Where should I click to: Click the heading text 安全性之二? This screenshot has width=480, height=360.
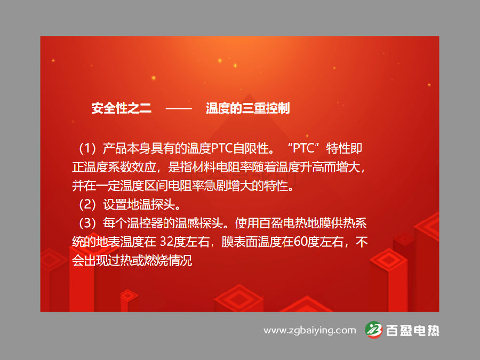pyautogui.click(x=122, y=108)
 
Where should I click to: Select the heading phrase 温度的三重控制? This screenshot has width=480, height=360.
pyautogui.click(x=247, y=108)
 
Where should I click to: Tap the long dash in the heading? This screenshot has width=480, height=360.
pyautogui.click(x=179, y=108)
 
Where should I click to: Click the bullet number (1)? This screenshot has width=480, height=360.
pyautogui.click(x=87, y=148)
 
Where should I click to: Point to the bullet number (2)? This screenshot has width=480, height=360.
pyautogui.click(x=87, y=204)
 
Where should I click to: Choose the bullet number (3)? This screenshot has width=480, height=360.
pyautogui.click(x=87, y=223)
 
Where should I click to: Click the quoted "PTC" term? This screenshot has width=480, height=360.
pyautogui.click(x=303, y=148)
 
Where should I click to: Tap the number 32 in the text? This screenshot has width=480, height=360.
pyautogui.click(x=167, y=242)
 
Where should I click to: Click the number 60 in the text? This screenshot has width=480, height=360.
pyautogui.click(x=300, y=242)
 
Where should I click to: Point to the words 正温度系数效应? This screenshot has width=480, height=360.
pyautogui.click(x=114, y=167)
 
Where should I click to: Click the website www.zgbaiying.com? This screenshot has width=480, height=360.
pyautogui.click(x=310, y=331)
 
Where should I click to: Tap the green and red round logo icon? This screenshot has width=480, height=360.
pyautogui.click(x=374, y=330)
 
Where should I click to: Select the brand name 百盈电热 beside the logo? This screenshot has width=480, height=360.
pyautogui.click(x=413, y=331)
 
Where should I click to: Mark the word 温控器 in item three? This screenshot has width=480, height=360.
pyautogui.click(x=145, y=223)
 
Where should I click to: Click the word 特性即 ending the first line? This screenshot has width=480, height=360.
pyautogui.click(x=344, y=148)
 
